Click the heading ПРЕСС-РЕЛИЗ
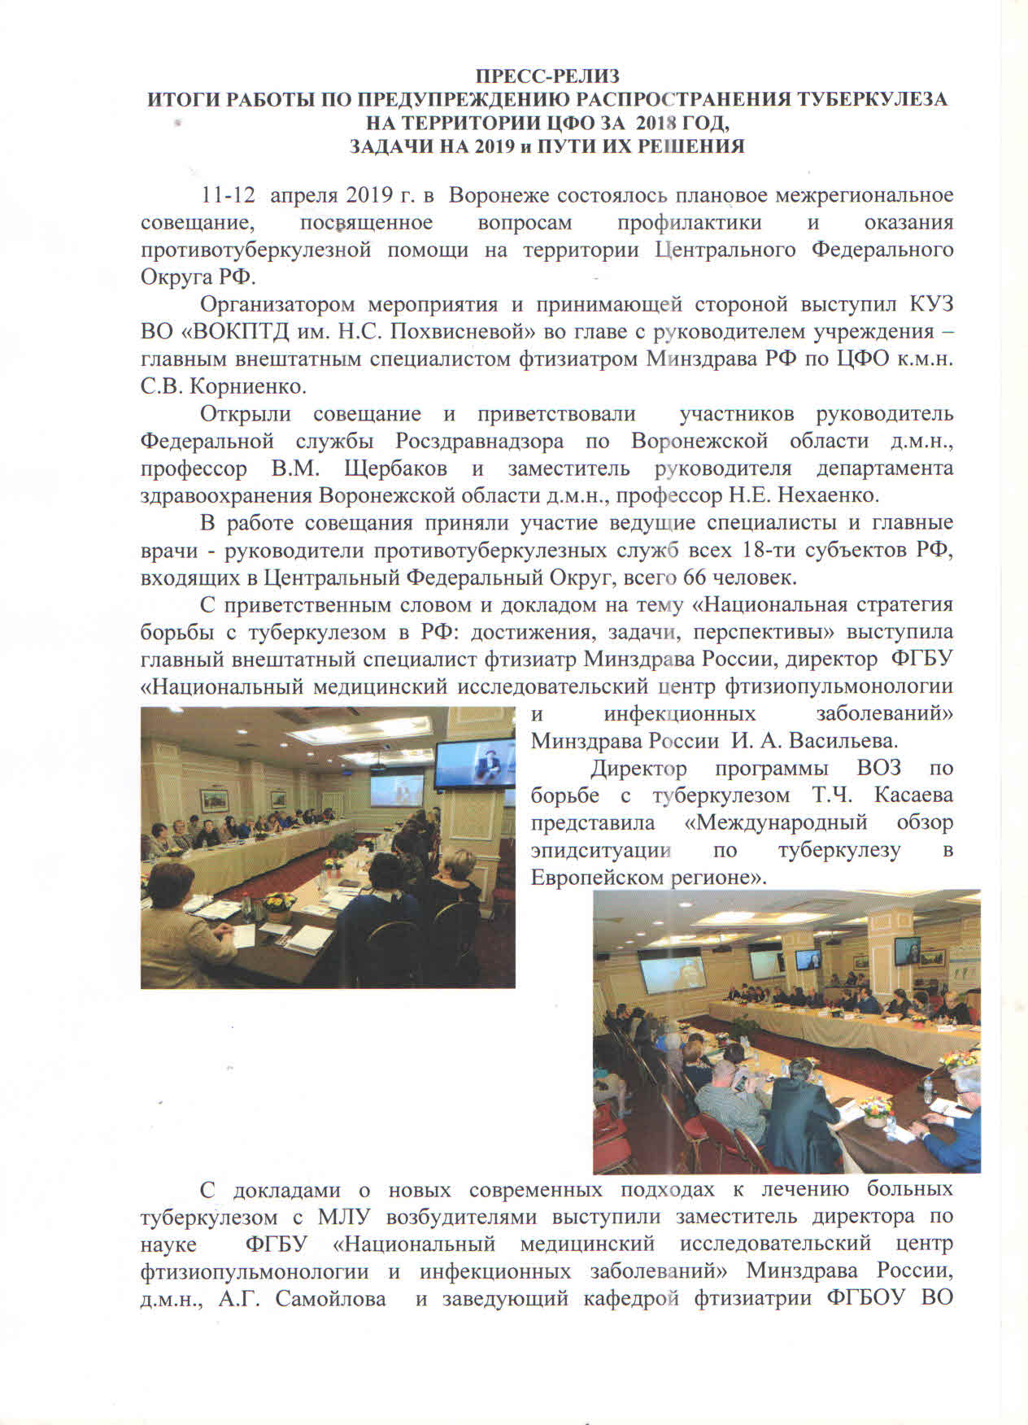point(547,77)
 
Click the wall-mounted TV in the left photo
point(473,765)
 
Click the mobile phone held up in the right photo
point(740,1081)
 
